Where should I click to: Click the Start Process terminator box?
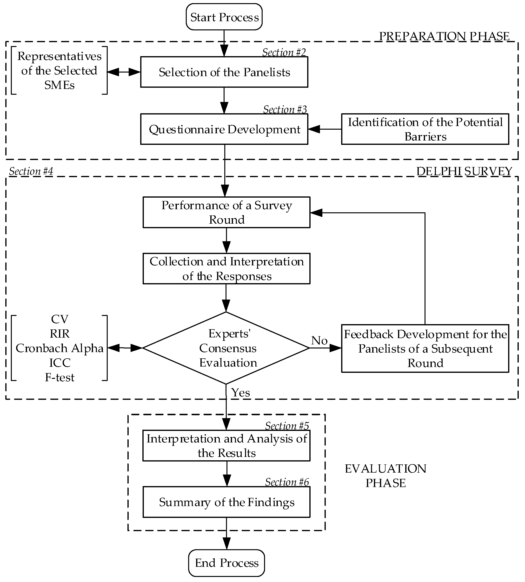click(224, 17)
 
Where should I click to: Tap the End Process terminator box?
click(226, 563)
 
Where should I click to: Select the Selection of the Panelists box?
click(224, 72)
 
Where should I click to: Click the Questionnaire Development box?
click(224, 129)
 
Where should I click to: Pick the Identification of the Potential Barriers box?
click(425, 129)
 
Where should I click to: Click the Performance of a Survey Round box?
click(226, 212)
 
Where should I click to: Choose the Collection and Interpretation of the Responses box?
click(226, 269)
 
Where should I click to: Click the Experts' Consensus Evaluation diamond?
click(226, 348)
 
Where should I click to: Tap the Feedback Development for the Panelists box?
click(425, 348)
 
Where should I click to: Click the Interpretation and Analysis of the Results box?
click(226, 446)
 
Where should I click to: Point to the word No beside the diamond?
click(319, 341)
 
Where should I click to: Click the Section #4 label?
click(31, 171)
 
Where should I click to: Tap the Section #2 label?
click(284, 52)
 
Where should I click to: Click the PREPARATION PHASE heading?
click(444, 36)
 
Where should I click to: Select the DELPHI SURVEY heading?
click(464, 171)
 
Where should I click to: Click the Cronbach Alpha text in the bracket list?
click(60, 348)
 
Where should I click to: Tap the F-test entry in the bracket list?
click(60, 377)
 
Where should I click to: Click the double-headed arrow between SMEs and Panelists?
click(124, 72)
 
